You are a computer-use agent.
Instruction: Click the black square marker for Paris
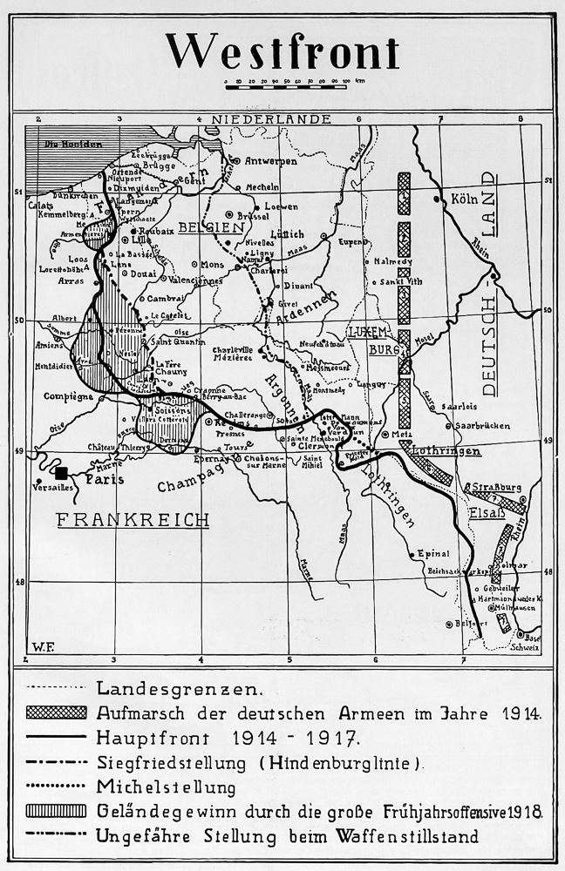(61, 473)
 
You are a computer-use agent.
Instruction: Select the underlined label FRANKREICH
(133, 520)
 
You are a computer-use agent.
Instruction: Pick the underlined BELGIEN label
(209, 226)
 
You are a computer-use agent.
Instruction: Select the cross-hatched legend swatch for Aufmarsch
(58, 712)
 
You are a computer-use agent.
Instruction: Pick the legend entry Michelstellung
(167, 787)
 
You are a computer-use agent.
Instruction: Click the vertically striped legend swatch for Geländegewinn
(58, 812)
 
